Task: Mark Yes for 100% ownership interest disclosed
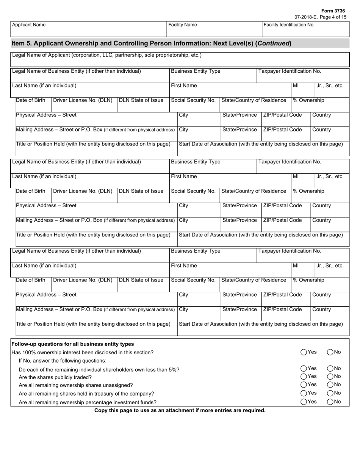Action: [304, 352]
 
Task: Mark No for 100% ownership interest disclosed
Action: [330, 352]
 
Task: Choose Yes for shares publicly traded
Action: [304, 377]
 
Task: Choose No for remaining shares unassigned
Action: [330, 385]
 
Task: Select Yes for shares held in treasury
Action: [304, 393]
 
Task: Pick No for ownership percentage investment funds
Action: [330, 402]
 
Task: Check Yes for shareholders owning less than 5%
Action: [304, 369]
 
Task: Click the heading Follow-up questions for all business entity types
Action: [73, 344]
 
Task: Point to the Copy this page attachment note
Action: [180, 410]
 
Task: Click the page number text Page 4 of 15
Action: [333, 17]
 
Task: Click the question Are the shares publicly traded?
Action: [55, 377]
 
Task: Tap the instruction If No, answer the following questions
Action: [63, 361]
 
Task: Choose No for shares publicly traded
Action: [330, 377]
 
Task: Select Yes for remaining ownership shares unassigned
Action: [304, 385]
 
